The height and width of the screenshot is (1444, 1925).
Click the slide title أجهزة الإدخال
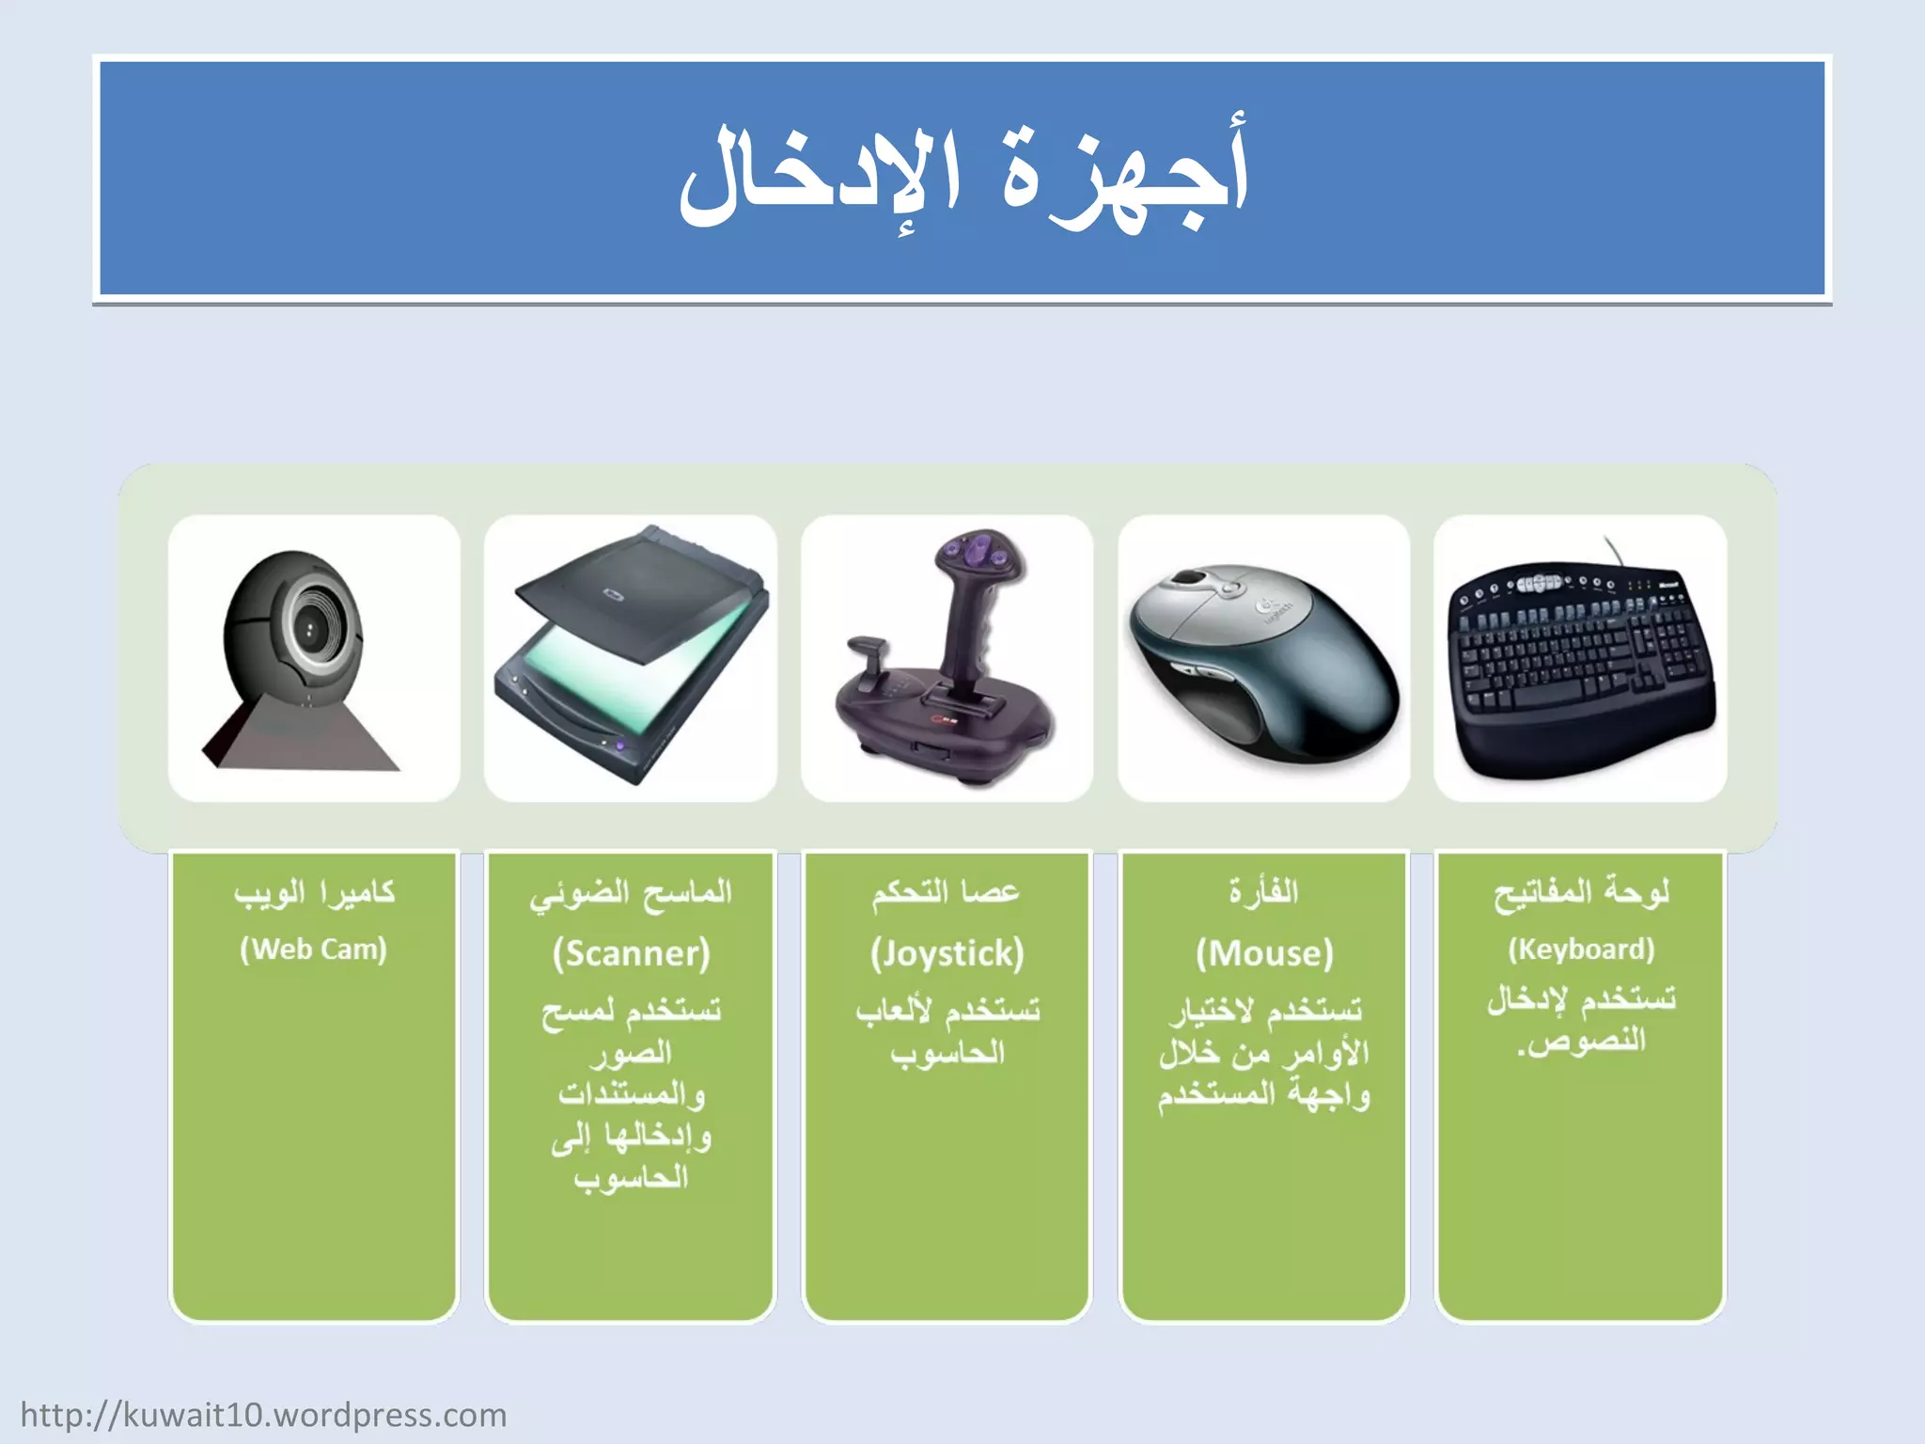pos(962,179)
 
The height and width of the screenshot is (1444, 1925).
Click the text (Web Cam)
pos(313,950)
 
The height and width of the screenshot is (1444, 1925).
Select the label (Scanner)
pos(631,953)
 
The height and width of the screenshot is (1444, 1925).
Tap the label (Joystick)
pos(947,953)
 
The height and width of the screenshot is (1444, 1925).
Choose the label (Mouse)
pos(1264,953)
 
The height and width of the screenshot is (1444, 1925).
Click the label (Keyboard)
pos(1581,950)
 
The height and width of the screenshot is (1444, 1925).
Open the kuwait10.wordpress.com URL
pos(263,1415)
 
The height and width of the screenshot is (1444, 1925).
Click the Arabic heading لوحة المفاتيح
pos(1581,892)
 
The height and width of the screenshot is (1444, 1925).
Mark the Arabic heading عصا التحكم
pos(946,891)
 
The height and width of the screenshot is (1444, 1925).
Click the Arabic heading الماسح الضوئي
pos(631,893)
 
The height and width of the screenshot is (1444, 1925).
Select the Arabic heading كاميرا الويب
pos(314,892)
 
